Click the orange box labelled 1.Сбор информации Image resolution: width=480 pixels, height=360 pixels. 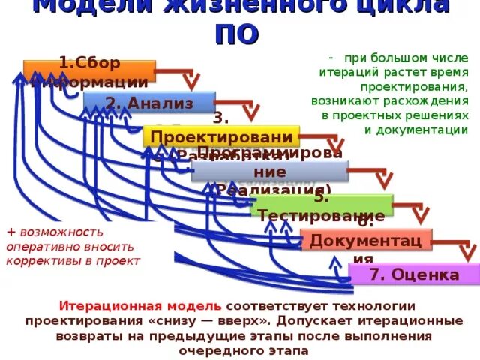tap(90, 70)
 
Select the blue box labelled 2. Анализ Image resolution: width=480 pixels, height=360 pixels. tap(149, 103)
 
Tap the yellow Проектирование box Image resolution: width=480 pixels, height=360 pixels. tap(221, 137)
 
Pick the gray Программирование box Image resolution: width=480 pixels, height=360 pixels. tap(269, 171)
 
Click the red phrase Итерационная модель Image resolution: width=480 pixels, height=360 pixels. tap(140, 306)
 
